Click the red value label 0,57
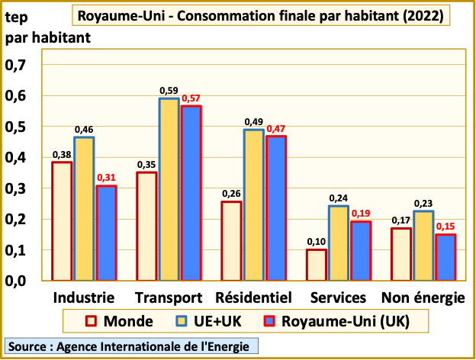tap(191, 98)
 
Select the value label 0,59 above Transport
tap(169, 91)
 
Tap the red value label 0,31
tap(105, 178)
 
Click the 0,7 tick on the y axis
tap(16, 66)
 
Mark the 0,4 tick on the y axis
tap(16, 158)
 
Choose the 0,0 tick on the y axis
tap(16, 281)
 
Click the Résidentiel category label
tap(254, 297)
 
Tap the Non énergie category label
tap(423, 297)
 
